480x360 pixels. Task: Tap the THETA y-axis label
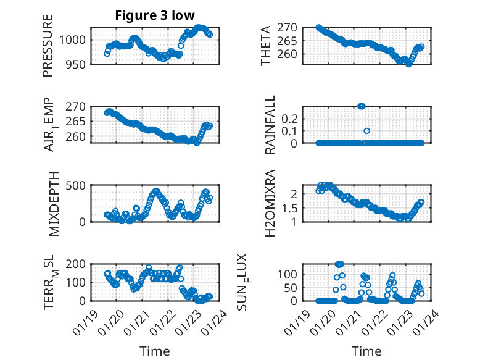click(266, 46)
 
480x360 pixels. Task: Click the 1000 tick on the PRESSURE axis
click(75, 40)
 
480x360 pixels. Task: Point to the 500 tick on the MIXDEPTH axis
click(78, 185)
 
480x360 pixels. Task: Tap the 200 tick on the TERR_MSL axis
click(78, 264)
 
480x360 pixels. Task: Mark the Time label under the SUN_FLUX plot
click(366, 351)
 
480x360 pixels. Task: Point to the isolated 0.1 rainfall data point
click(366, 131)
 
